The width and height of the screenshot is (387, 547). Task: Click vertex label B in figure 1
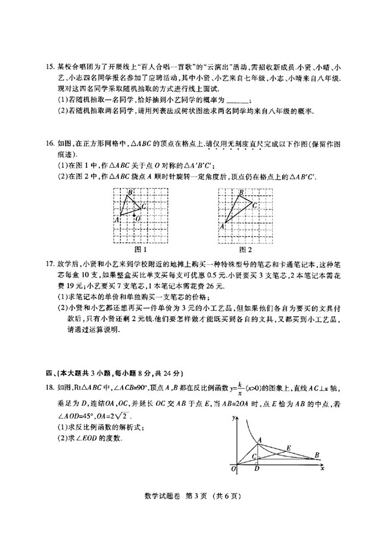coord(131,192)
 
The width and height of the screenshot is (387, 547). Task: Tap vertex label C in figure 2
coord(255,205)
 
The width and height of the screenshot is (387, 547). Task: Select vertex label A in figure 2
coord(223,226)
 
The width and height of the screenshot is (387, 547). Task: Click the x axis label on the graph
coord(322,469)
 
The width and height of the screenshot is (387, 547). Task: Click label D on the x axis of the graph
coord(256,469)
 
